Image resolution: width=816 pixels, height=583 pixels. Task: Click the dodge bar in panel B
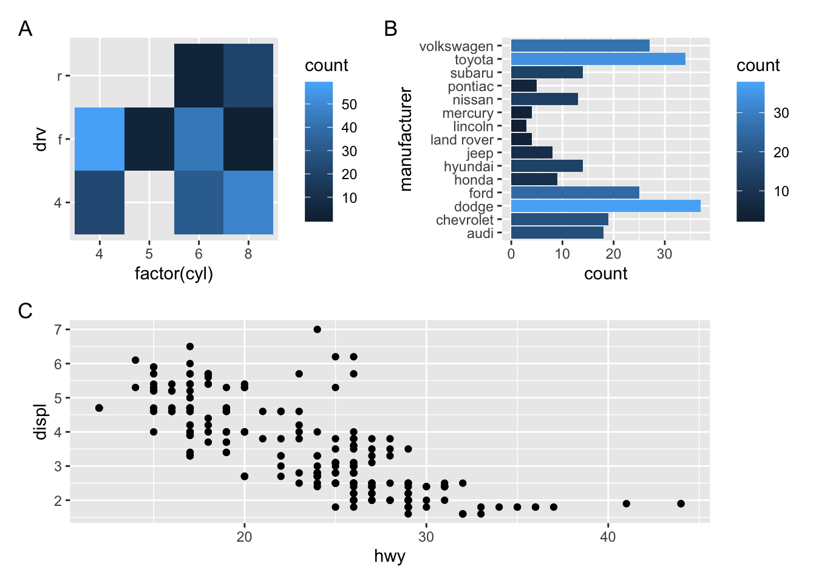click(605, 206)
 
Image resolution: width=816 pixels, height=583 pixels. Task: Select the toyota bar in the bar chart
click(598, 59)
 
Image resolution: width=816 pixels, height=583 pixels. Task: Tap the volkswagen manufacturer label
click(456, 46)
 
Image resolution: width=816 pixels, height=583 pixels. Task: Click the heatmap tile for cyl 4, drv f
click(100, 139)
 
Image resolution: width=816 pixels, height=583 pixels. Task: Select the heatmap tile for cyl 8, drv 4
click(248, 202)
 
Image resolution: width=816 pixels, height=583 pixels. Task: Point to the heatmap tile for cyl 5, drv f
click(149, 139)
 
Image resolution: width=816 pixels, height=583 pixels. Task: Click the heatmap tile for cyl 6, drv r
click(199, 75)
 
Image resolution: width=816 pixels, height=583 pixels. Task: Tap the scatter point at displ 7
click(317, 329)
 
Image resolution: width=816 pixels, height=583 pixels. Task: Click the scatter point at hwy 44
click(681, 503)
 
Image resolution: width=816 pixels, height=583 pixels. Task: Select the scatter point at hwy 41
click(626, 503)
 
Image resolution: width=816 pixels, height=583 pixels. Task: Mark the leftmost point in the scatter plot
click(99, 407)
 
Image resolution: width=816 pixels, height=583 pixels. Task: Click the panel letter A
click(25, 29)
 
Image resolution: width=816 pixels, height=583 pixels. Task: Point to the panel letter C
click(25, 311)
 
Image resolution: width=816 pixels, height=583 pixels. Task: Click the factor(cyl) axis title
click(174, 273)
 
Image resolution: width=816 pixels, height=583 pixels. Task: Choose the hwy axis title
click(389, 556)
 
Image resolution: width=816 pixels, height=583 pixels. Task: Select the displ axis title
click(41, 421)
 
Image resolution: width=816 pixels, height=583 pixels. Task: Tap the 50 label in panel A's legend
click(349, 104)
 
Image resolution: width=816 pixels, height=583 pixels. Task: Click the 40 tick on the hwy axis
click(608, 536)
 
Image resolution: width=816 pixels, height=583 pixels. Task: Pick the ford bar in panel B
click(575, 193)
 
